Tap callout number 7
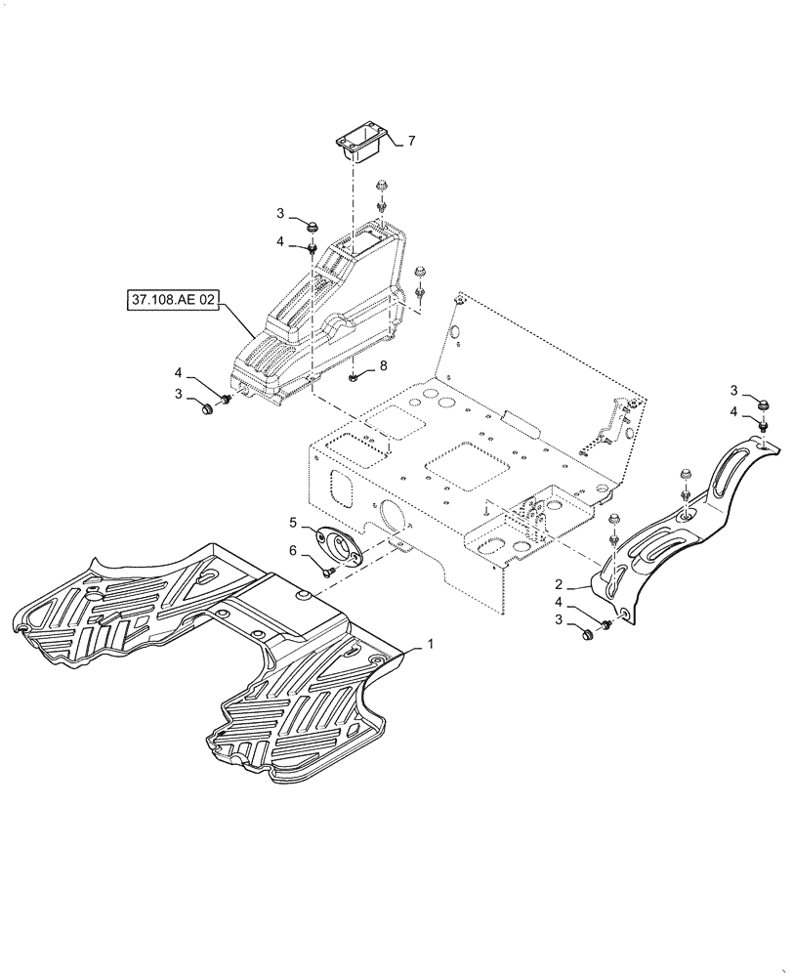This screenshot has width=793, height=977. tap(411, 142)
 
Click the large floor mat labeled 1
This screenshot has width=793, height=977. tap(225, 645)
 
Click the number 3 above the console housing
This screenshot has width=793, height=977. tap(279, 213)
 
